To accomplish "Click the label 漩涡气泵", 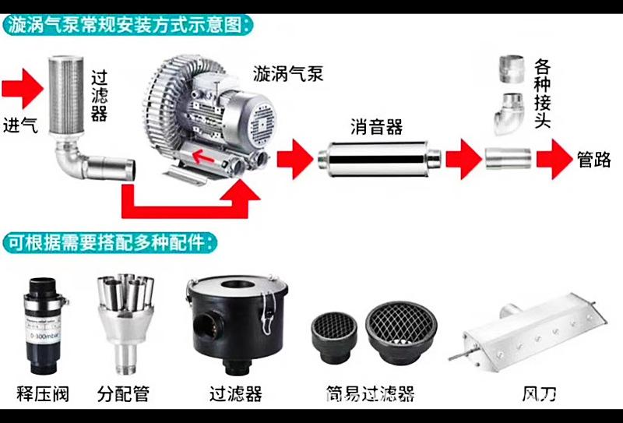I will pyautogui.click(x=287, y=75).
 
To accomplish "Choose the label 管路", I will pyautogui.click(x=593, y=160).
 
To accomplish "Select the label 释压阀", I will pyautogui.click(x=43, y=393).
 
